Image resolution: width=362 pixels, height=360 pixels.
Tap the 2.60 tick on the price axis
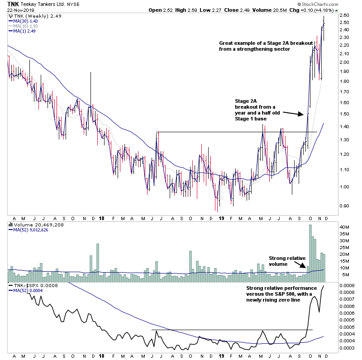pyautogui.click(x=344, y=15)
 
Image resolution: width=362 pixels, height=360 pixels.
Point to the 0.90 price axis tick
pyautogui.click(x=344, y=206)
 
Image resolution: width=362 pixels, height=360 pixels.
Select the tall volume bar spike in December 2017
pyautogui.click(x=97, y=258)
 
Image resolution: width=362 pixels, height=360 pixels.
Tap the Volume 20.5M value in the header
pyautogui.click(x=261, y=10)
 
